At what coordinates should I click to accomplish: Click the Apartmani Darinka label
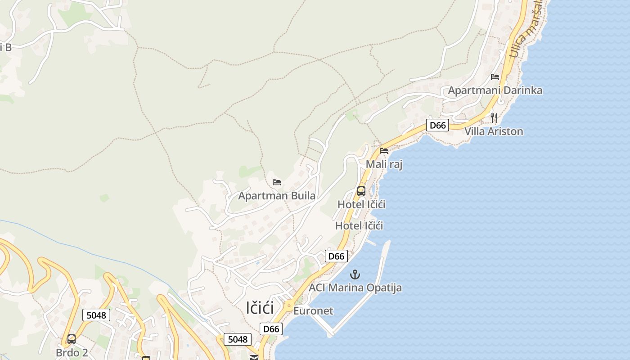pyautogui.click(x=495, y=90)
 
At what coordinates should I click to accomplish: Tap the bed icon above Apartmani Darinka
pyautogui.click(x=495, y=77)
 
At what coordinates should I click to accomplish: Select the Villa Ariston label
pyautogui.click(x=494, y=131)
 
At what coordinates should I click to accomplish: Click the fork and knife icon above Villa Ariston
pyautogui.click(x=494, y=118)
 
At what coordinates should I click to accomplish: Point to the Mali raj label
pyautogui.click(x=384, y=164)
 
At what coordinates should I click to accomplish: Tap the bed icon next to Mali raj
pyautogui.click(x=384, y=151)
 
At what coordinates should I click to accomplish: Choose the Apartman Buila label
pyautogui.click(x=277, y=196)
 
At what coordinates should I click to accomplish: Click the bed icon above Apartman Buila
pyautogui.click(x=277, y=182)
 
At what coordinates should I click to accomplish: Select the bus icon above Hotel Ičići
pyautogui.click(x=361, y=191)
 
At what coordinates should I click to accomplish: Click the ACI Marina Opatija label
pyautogui.click(x=355, y=288)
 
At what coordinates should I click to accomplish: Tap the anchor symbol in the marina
pyautogui.click(x=355, y=274)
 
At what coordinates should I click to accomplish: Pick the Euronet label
pyautogui.click(x=313, y=311)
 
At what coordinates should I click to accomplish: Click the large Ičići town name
pyautogui.click(x=260, y=308)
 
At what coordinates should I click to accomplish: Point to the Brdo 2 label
pyautogui.click(x=72, y=352)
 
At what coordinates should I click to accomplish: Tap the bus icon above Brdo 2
pyautogui.click(x=72, y=339)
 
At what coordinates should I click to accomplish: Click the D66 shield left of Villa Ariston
pyautogui.click(x=438, y=125)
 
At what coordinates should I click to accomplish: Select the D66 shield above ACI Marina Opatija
pyautogui.click(x=336, y=256)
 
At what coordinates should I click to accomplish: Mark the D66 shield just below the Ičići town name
pyautogui.click(x=271, y=329)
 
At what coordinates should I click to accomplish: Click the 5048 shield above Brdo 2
pyautogui.click(x=96, y=315)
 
